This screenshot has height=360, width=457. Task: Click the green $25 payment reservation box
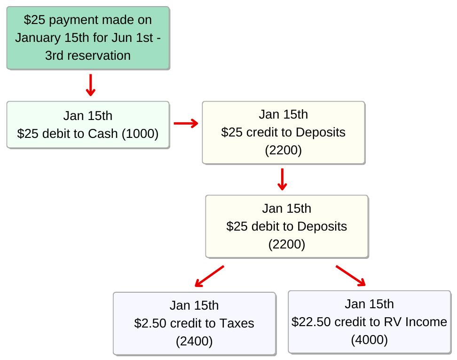click(88, 38)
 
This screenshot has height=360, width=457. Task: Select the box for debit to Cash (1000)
click(88, 125)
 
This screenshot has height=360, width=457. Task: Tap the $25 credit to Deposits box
click(284, 133)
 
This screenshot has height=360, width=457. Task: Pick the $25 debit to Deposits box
click(287, 226)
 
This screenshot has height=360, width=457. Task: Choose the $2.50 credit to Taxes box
click(194, 323)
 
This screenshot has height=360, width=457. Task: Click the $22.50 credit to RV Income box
click(369, 322)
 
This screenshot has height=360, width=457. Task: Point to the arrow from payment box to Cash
click(91, 85)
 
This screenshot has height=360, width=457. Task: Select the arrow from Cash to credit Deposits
click(186, 123)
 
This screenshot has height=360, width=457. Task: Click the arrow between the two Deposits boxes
click(282, 179)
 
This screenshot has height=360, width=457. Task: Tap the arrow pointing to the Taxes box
click(209, 276)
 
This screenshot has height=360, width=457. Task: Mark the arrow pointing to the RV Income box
click(351, 275)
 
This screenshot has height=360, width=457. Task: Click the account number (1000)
click(140, 134)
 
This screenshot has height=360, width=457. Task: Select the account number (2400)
click(194, 341)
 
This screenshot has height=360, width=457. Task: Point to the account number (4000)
click(369, 340)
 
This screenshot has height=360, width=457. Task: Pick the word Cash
click(103, 134)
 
